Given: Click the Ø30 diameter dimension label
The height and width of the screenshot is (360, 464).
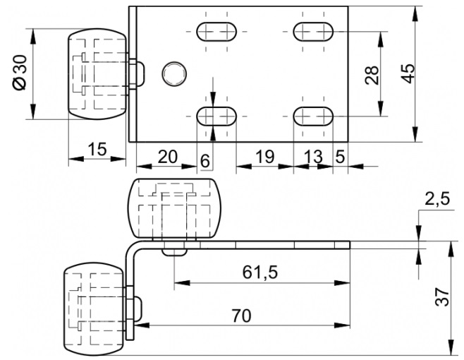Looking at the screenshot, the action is point(20,72).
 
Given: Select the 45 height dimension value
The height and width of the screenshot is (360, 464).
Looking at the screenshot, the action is point(408,73).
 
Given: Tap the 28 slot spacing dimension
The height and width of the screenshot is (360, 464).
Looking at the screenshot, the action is point(372,75).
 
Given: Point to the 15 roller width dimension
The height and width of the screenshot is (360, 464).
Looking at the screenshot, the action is point(97,149).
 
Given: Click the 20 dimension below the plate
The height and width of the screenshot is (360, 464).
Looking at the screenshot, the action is point(167,157).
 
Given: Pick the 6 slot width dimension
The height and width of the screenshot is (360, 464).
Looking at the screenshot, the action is point(204,161).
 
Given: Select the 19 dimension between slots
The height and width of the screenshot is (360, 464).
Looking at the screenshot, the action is point(264,157).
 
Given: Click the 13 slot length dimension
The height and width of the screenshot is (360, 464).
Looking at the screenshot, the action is point(313,157).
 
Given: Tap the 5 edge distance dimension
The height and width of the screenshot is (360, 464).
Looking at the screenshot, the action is point(340,157).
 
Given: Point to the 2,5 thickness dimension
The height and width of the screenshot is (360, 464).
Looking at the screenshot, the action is point(437,199).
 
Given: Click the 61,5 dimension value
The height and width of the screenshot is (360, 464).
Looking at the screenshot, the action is point(260,272).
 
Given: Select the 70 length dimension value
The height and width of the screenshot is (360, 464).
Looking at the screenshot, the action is point(241,316).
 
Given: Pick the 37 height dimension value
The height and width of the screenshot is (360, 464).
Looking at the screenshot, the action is point(442,296).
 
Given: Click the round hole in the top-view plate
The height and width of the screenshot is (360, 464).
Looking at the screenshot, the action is point(174,74).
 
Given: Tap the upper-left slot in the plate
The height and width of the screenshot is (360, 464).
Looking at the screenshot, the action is point(216,31).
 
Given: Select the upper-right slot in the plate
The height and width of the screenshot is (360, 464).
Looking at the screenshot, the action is point(313,31).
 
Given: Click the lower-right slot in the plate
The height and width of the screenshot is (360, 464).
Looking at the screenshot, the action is point(313,116).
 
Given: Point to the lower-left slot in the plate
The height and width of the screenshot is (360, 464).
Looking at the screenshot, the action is point(216,116).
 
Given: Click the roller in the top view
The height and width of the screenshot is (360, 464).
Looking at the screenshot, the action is point(97,74).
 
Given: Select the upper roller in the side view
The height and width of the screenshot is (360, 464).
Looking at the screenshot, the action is point(175,208).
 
